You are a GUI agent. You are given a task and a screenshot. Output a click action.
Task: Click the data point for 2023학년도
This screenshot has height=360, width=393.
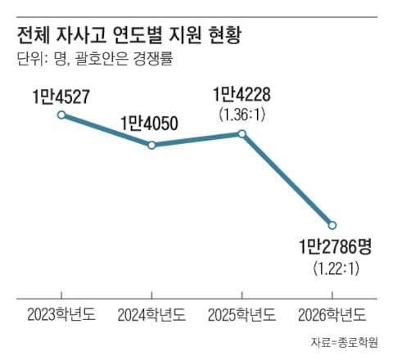coord(61,115)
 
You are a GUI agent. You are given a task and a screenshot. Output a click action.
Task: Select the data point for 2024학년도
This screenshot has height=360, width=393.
coord(151,145)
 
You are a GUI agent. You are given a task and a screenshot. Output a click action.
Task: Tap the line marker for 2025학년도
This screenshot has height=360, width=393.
coord(242,133)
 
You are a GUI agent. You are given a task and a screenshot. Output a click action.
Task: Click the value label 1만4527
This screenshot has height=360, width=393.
coord(61,97)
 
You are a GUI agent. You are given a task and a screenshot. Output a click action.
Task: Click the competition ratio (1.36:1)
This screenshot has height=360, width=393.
coord(241,114)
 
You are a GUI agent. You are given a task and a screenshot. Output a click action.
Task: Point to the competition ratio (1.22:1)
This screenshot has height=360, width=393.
coord(332,267)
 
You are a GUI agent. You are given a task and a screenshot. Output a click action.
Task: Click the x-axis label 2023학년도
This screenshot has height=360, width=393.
coord(61,313)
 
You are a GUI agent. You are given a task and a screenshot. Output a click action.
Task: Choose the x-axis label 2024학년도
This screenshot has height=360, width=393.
coord(151,313)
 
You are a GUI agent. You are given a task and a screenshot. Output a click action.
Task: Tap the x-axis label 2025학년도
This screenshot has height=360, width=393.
coord(242,313)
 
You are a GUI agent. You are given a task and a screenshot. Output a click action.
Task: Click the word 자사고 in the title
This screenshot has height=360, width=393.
coord(85,36)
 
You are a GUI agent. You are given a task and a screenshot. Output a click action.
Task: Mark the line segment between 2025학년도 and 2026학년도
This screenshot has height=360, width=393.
coord(287,178)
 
